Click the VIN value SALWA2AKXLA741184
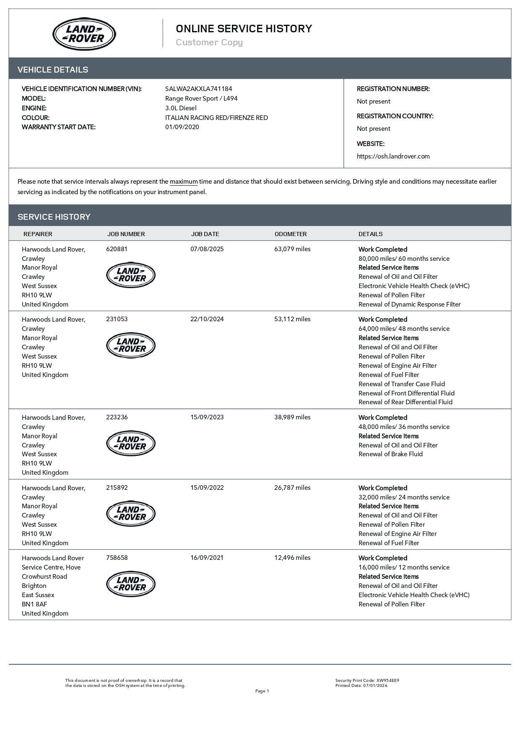pyautogui.click(x=198, y=89)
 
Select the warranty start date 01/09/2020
pyautogui.click(x=182, y=127)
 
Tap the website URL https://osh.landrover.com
pyautogui.click(x=393, y=156)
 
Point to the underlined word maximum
pyautogui.click(x=184, y=182)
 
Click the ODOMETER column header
pyautogui.click(x=291, y=234)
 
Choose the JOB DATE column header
pyautogui.click(x=205, y=234)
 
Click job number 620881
pyautogui.click(x=117, y=249)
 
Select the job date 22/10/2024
pyautogui.click(x=207, y=319)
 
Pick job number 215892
pyautogui.click(x=117, y=488)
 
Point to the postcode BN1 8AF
pyautogui.click(x=34, y=604)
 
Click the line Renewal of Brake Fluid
pyautogui.click(x=390, y=454)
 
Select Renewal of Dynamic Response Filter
pyautogui.click(x=409, y=304)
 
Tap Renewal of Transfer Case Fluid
pyautogui.click(x=401, y=384)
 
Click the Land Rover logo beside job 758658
pyautogui.click(x=131, y=584)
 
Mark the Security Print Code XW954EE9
pyautogui.click(x=387, y=681)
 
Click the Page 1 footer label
pyautogui.click(x=262, y=691)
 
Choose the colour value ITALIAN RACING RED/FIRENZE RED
pyautogui.click(x=216, y=118)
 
